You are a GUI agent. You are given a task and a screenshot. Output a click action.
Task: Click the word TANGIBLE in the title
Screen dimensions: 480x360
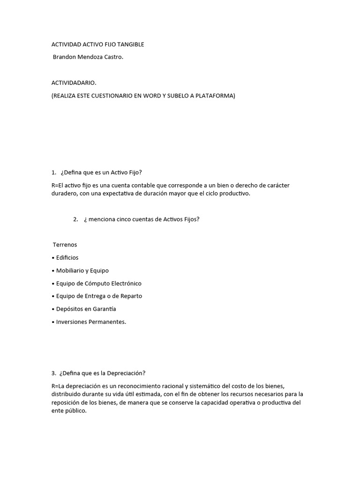(131, 45)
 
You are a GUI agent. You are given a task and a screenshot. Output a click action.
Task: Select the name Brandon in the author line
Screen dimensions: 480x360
(66, 57)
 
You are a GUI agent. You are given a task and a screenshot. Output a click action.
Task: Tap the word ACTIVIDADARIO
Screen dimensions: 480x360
(74, 83)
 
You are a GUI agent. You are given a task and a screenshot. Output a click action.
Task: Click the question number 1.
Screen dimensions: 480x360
(54, 172)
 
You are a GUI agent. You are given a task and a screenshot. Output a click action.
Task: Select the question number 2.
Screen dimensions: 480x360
(75, 219)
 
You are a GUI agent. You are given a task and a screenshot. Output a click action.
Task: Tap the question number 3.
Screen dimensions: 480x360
(54, 373)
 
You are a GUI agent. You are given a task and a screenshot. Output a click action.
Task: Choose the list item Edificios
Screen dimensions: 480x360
(67, 258)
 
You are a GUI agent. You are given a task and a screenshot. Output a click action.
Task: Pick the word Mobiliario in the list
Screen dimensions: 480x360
(69, 270)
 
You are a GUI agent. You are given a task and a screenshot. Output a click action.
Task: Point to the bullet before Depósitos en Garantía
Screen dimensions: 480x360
(53, 309)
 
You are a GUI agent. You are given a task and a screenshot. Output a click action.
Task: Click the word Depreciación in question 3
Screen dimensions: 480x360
(127, 373)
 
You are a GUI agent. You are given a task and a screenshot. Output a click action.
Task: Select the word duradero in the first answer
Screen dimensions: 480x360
(64, 194)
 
